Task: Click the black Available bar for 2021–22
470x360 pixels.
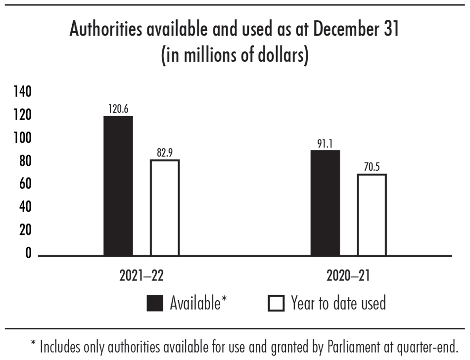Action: point(118,186)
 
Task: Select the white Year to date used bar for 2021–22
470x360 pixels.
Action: point(165,208)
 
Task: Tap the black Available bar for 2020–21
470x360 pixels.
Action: point(325,203)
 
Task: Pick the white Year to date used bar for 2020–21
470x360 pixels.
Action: point(372,215)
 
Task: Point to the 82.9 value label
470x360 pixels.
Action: point(165,153)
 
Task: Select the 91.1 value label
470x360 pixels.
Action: point(325,143)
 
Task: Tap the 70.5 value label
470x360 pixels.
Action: point(372,167)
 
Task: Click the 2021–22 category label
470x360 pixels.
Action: point(141,276)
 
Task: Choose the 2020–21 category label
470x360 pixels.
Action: point(348,276)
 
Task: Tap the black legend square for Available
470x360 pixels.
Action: point(155,303)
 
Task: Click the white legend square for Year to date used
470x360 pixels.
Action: point(276,303)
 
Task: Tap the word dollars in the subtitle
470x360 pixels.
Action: point(278,54)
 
